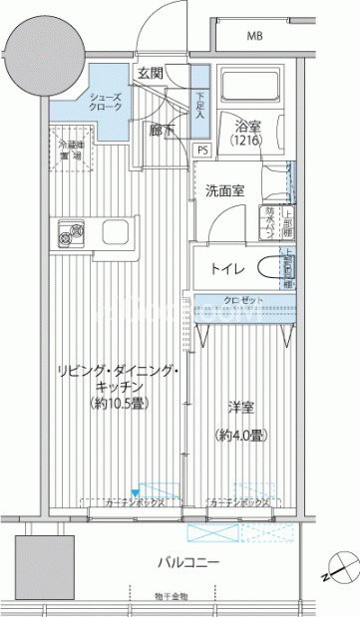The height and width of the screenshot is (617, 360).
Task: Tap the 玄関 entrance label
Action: [151, 74]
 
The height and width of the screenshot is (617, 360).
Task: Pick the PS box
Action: [201, 151]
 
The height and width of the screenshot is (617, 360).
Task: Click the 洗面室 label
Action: [227, 190]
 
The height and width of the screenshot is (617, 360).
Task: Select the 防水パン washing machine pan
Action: [271, 219]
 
